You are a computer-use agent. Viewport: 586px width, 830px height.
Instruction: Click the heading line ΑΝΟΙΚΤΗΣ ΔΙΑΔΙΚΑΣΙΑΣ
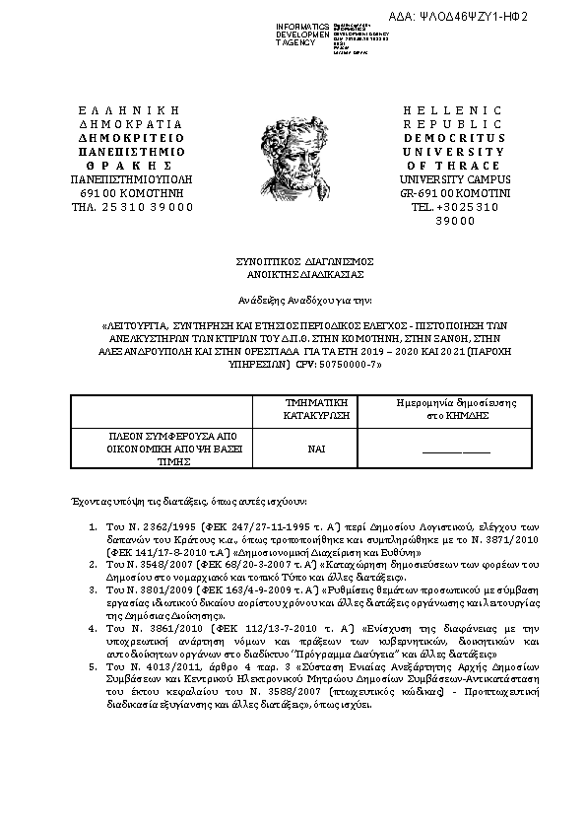click(293, 273)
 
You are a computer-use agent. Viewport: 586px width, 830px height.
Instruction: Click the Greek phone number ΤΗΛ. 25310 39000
click(131, 207)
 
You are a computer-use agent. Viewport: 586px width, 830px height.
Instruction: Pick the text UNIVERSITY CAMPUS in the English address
click(440, 179)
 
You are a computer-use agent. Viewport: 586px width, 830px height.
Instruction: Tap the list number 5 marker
click(93, 666)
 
